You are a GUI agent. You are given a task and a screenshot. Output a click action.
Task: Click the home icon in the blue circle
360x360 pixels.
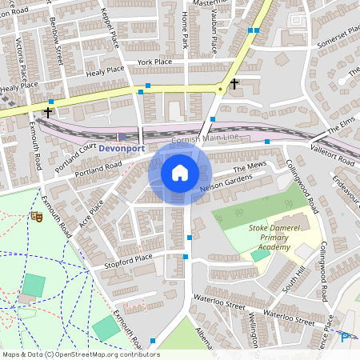tap(180, 173)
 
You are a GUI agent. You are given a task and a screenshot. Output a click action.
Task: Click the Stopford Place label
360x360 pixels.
tap(127, 259)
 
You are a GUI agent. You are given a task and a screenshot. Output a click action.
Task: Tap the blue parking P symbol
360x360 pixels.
tap(345, 337)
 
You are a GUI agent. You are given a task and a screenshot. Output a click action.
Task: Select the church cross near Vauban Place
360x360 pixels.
tap(234, 83)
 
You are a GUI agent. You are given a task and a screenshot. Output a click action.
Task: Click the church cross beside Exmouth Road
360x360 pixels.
tap(49, 112)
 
